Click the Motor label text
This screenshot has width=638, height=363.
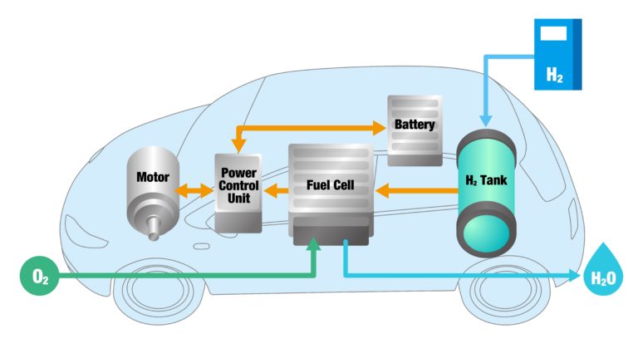point(153,177)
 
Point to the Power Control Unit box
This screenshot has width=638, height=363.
point(238,192)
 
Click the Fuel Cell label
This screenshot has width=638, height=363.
point(330,184)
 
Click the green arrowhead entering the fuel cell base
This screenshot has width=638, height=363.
point(314,246)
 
